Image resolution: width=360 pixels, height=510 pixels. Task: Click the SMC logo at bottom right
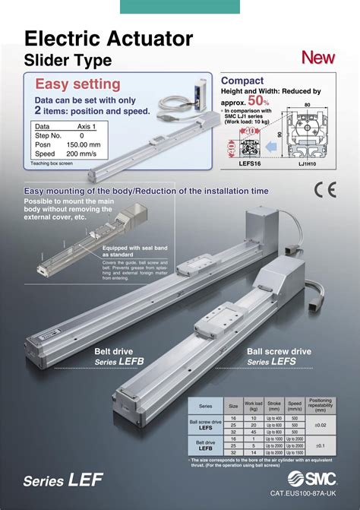(312, 480)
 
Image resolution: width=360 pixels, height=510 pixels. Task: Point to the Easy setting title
(78, 84)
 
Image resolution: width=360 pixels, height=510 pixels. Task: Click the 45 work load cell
(253, 432)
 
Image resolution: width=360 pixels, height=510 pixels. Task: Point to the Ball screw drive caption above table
(279, 352)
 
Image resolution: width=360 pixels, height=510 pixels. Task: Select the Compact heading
(242, 81)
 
